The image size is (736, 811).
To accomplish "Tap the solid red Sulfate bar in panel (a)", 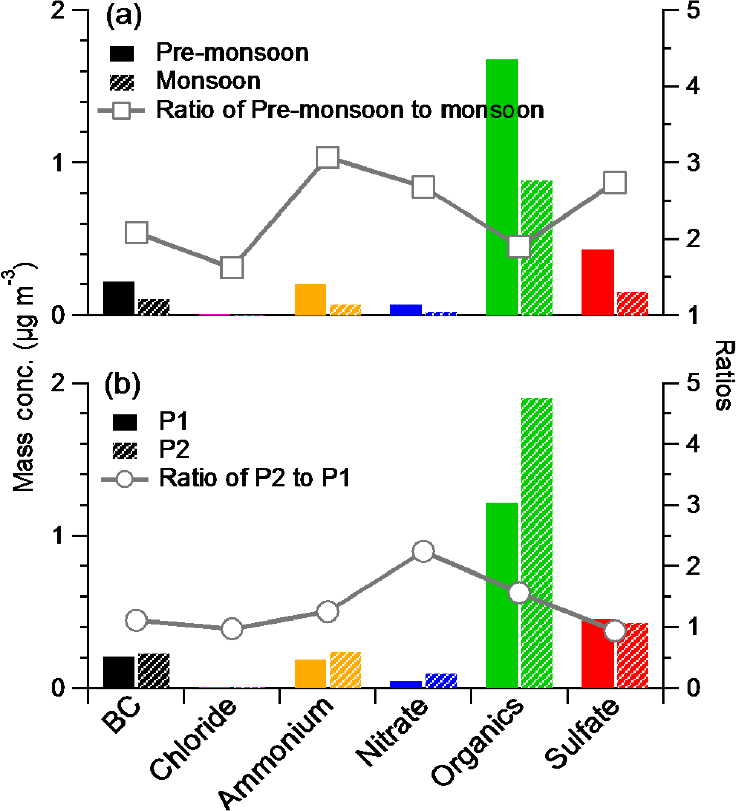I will point(597,282).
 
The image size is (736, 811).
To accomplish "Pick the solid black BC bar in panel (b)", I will point(118,672).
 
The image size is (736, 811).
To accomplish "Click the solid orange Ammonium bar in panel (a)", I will point(310,299).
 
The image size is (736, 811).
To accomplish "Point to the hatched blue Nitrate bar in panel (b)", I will point(441,681).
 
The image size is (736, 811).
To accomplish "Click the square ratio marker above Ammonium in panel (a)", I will point(328,158).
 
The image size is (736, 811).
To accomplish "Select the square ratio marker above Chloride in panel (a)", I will point(232,268).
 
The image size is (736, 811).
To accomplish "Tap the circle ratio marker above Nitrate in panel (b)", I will point(423,552).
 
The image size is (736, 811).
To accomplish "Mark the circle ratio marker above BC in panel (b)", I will point(136,620).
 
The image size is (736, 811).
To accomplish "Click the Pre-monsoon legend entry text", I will point(232,53).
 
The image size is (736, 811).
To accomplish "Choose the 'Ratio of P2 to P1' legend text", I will point(255,479).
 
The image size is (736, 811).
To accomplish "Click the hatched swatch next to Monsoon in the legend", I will point(122,82).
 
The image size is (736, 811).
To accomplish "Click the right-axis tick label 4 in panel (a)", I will point(693,86).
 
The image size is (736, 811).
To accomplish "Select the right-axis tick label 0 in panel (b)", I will point(693,688).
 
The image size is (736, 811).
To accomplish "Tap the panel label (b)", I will point(122,385).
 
